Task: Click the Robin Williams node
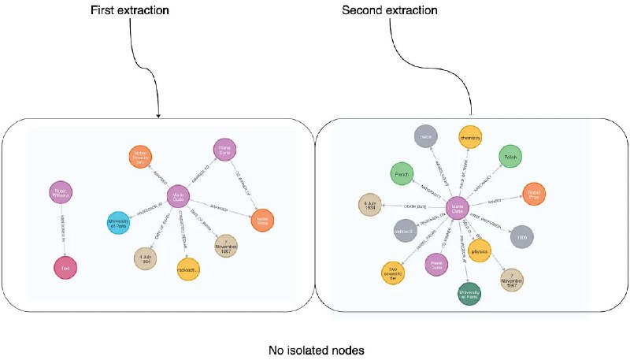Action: click(61, 191)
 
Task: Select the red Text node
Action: click(66, 269)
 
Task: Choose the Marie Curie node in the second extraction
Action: click(458, 209)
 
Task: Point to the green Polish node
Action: click(510, 156)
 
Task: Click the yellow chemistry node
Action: click(471, 137)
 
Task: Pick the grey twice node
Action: click(428, 137)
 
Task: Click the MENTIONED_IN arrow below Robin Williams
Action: click(63, 230)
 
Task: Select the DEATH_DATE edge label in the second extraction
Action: click(410, 206)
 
